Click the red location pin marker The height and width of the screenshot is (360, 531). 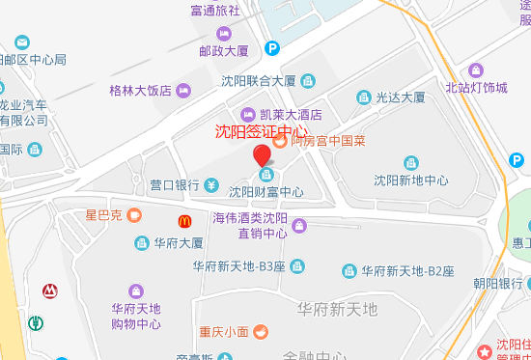[262, 155]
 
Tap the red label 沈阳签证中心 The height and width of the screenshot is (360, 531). [261, 132]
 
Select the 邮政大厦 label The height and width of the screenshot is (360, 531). [224, 50]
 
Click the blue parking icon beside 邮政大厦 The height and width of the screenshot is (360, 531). [273, 47]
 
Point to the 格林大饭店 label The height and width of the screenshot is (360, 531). [140, 91]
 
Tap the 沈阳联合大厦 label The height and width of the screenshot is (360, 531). [258, 80]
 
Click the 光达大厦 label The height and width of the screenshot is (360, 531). [400, 97]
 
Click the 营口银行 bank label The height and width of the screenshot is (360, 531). [174, 184]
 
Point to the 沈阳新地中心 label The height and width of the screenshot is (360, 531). [411, 180]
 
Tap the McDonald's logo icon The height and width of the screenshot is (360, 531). [182, 221]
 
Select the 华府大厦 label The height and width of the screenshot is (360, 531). [178, 243]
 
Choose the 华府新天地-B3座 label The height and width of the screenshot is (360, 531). [238, 266]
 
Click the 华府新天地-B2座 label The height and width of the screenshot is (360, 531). [406, 270]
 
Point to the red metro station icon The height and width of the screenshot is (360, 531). [48, 290]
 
